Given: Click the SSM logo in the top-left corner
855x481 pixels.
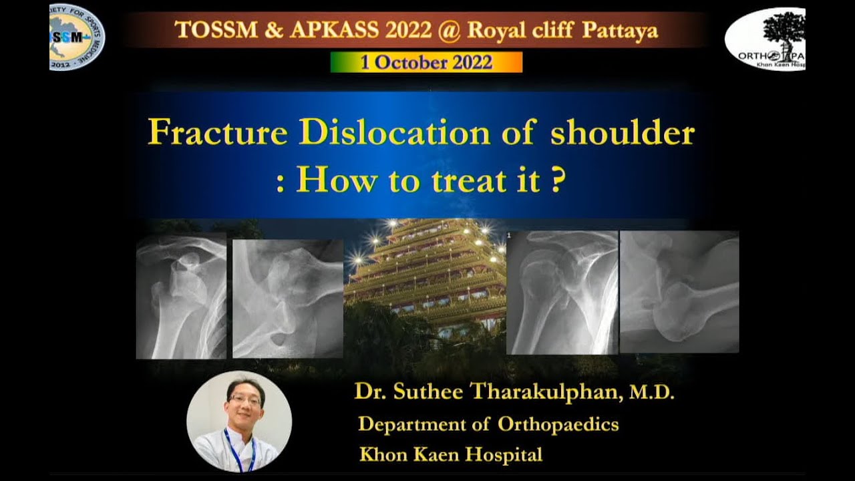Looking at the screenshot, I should pos(77,37).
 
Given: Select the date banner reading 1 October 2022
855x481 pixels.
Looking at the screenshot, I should pos(426,62).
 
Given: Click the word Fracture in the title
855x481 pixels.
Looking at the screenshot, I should pos(218,132).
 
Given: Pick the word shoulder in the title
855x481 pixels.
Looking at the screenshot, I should pos(622,132).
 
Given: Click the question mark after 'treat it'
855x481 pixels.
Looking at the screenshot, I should pos(556,180).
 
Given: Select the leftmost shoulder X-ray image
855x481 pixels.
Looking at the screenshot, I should pos(181,296).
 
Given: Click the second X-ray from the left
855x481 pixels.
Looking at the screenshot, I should pos(287,299).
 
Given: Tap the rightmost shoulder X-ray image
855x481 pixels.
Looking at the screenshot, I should pos(679,292).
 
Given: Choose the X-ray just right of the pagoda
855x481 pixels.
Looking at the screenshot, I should pos(562,293).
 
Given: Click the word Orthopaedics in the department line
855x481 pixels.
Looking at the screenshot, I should pos(558,424).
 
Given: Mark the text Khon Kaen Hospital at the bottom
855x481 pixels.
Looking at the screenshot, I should pos(451,455).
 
